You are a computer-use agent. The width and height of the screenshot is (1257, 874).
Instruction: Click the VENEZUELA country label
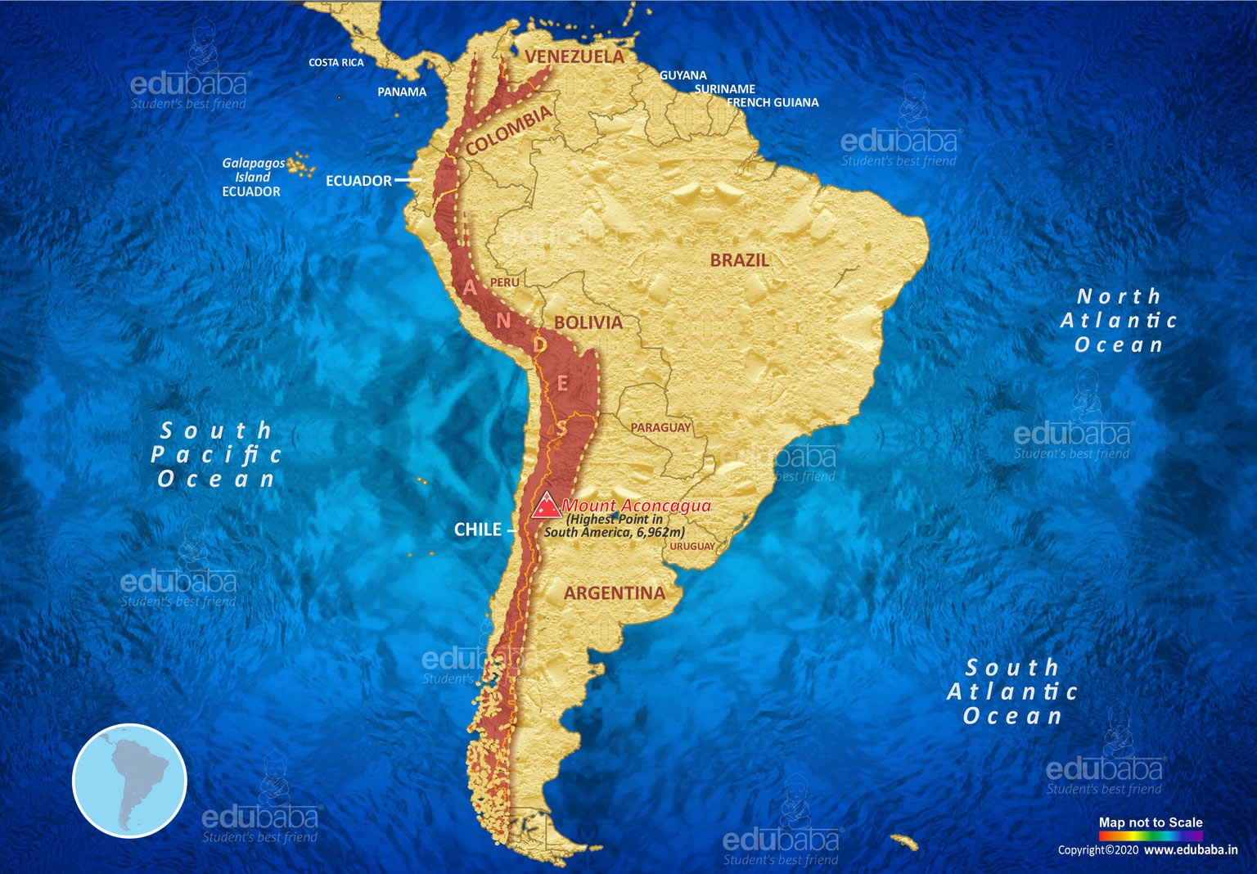pyautogui.click(x=574, y=56)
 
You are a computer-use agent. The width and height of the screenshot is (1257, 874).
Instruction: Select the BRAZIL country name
pyautogui.click(x=740, y=260)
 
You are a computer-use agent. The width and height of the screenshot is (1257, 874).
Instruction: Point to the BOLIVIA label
pyautogui.click(x=588, y=322)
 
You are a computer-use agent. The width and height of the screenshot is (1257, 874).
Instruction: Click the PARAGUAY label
pyautogui.click(x=660, y=427)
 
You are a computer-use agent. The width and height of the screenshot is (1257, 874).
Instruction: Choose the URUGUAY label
pyautogui.click(x=692, y=546)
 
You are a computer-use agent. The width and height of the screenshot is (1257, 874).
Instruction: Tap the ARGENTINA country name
pyautogui.click(x=614, y=593)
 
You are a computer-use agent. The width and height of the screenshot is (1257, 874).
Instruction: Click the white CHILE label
pyautogui.click(x=478, y=529)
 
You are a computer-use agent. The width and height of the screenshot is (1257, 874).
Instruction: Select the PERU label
pyautogui.click(x=505, y=282)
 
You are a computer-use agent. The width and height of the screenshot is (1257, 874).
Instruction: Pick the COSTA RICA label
pyautogui.click(x=336, y=62)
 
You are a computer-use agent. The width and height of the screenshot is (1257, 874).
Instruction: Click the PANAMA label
pyautogui.click(x=402, y=92)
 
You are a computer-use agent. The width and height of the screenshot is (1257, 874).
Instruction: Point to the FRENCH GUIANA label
pyautogui.click(x=773, y=102)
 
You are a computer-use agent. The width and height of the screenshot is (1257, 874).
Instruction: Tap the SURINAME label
pyautogui.click(x=725, y=88)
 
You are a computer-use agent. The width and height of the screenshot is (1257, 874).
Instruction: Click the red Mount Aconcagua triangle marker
pyautogui.click(x=546, y=507)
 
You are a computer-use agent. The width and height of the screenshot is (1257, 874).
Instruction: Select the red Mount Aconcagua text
pyautogui.click(x=637, y=506)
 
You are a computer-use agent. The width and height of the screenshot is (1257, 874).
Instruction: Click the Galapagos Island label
pyautogui.click(x=253, y=169)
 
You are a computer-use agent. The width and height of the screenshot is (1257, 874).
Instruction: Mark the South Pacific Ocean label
pyautogui.click(x=216, y=454)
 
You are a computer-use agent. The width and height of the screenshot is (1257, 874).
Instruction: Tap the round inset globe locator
pyautogui.click(x=130, y=781)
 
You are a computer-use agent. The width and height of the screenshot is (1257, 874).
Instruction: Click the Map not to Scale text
pyautogui.click(x=1150, y=822)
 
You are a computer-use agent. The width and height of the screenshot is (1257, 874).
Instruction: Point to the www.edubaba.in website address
pyautogui.click(x=1191, y=850)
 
